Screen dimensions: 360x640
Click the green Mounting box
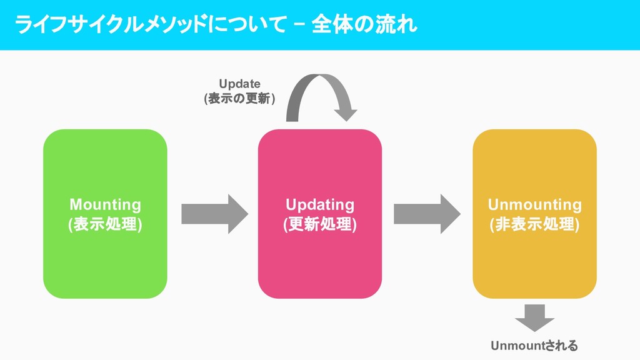click(x=105, y=262)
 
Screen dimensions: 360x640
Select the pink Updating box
click(x=319, y=262)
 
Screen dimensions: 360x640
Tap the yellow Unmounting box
click(x=534, y=262)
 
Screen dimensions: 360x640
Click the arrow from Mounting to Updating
click(x=214, y=214)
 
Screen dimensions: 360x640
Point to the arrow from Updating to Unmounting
click(x=427, y=214)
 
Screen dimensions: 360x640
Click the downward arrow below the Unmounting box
click(x=534, y=317)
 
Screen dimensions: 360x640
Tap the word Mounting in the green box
click(x=105, y=204)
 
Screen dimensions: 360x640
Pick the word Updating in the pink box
click(x=319, y=204)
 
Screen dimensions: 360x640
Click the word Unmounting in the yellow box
click(x=534, y=204)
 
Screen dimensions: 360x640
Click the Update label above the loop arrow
click(x=239, y=84)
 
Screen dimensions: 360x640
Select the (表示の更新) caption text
click(x=239, y=98)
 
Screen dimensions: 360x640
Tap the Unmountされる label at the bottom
click(x=534, y=346)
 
